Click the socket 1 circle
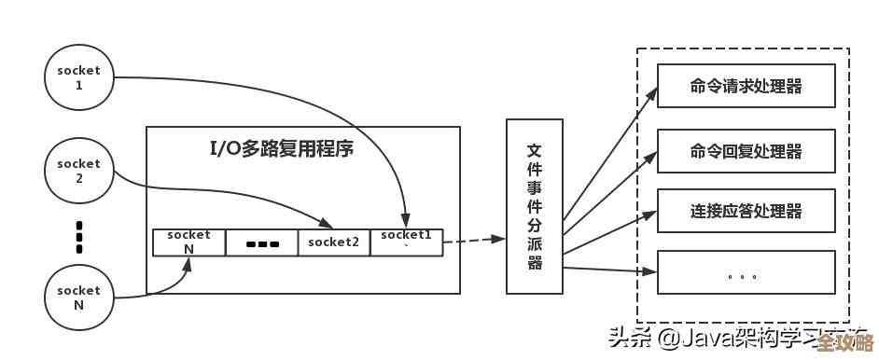tap(78, 76)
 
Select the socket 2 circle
tap(78, 170)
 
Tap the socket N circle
tap(78, 298)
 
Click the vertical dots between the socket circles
tap(79, 237)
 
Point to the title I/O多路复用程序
tap(281, 148)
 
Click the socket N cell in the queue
tap(188, 242)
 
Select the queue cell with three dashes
tap(262, 243)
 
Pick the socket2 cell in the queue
tap(334, 242)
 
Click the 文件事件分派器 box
tap(534, 204)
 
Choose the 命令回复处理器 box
tap(746, 151)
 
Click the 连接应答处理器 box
tap(746, 212)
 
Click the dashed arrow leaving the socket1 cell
tap(473, 241)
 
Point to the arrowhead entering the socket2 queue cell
tap(328, 224)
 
